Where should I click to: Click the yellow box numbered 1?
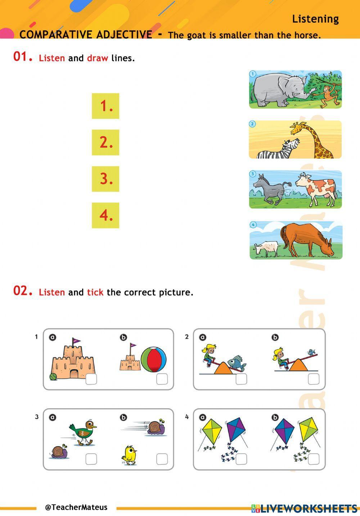point(105,106)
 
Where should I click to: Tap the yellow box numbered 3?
point(105,179)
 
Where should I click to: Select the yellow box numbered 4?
point(105,215)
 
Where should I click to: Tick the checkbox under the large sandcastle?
point(91,379)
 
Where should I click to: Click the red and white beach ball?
point(154,359)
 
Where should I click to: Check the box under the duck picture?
point(91,459)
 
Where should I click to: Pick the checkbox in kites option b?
point(314,459)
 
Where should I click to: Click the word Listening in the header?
point(315,19)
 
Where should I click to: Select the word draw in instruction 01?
point(97,58)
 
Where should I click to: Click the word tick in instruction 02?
point(95,292)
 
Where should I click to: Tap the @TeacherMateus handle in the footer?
point(76,507)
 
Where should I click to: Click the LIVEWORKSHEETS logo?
point(305,508)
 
